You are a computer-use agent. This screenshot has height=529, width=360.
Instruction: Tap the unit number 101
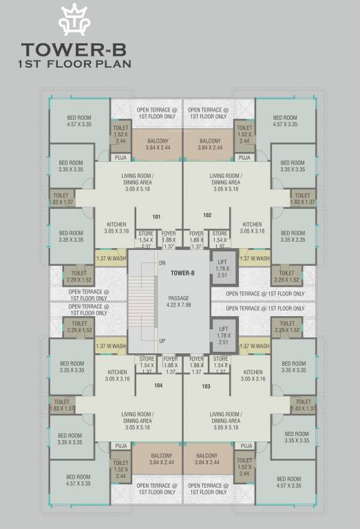coord(157,217)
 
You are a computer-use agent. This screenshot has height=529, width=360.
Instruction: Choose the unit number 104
coord(158,386)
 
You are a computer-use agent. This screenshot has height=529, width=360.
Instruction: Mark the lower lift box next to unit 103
coord(222,335)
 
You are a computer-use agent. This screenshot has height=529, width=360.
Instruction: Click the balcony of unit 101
coord(158,144)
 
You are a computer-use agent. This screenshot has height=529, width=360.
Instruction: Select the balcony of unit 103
coord(207,459)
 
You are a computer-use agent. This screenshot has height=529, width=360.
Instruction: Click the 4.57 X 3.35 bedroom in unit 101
coord(78,121)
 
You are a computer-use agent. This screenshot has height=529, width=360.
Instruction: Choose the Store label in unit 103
coord(220,359)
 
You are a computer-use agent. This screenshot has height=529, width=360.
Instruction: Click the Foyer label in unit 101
coord(169,234)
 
